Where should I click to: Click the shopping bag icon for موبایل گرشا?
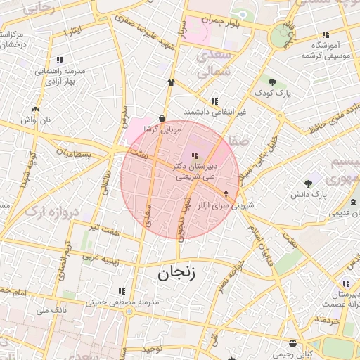click(x=163, y=119)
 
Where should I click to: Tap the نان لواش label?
click(x=37, y=120)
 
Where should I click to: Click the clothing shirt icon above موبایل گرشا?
click(x=170, y=82)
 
